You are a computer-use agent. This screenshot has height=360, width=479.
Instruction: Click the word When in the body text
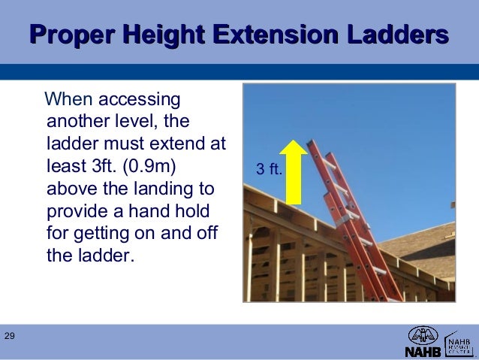coord(69,99)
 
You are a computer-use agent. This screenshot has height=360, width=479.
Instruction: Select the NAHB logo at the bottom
coord(423,342)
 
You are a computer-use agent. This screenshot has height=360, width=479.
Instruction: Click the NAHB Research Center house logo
coord(459,342)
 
